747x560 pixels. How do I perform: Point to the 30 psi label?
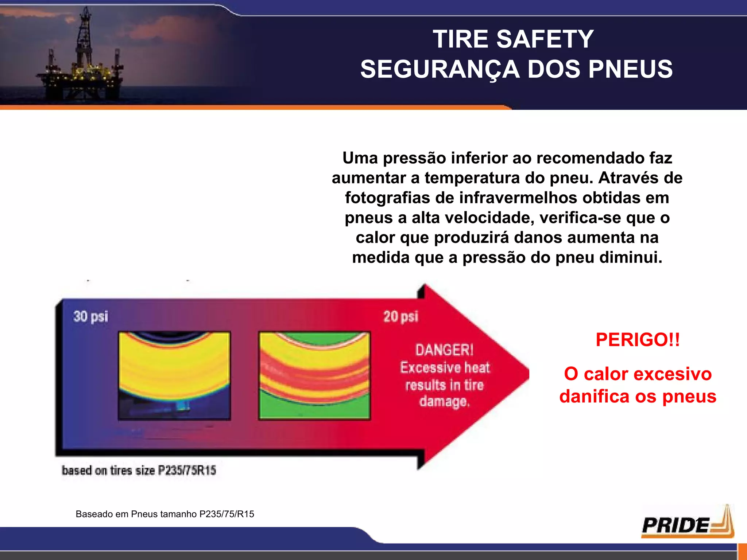(x=90, y=316)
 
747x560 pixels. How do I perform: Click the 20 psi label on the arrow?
(x=400, y=316)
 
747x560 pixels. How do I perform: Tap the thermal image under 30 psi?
(x=174, y=376)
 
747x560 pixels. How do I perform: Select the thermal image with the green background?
(x=314, y=376)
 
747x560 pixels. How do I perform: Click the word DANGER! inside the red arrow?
(x=444, y=350)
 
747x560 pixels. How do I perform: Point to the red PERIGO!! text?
(x=638, y=340)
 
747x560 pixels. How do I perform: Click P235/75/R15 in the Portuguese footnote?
(x=227, y=514)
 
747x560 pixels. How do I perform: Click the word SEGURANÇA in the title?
(x=440, y=69)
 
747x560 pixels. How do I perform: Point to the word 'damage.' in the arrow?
(x=444, y=401)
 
